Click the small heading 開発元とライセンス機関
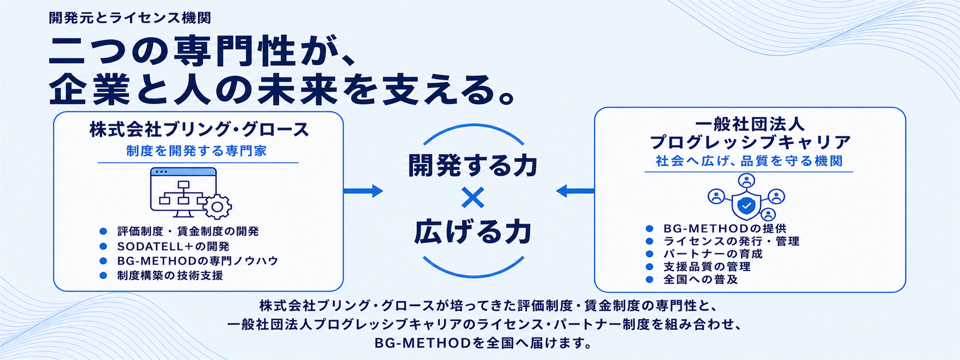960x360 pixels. (x=130, y=18)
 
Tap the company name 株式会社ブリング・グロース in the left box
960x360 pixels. (x=199, y=130)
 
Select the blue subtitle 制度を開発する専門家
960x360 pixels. (x=196, y=151)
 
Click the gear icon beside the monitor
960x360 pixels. (x=217, y=207)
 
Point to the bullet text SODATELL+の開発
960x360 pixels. (x=173, y=246)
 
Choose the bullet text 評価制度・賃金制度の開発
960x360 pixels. (x=188, y=231)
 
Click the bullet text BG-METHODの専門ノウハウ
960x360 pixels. (x=198, y=261)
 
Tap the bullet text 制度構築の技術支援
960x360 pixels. (x=170, y=276)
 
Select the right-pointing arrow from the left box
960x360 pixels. (x=363, y=191)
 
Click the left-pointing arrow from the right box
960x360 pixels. (x=575, y=191)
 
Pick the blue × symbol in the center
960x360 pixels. (x=473, y=197)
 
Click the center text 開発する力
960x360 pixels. (x=473, y=166)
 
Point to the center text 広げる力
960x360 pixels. (x=473, y=232)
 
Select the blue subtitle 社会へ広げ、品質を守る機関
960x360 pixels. (x=749, y=161)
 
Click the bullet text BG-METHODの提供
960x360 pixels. (x=725, y=228)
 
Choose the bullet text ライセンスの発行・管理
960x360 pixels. (x=732, y=241)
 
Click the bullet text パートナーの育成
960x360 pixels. (x=713, y=254)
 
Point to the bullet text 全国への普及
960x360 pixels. (x=701, y=279)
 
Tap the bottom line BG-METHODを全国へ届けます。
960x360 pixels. (x=483, y=343)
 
